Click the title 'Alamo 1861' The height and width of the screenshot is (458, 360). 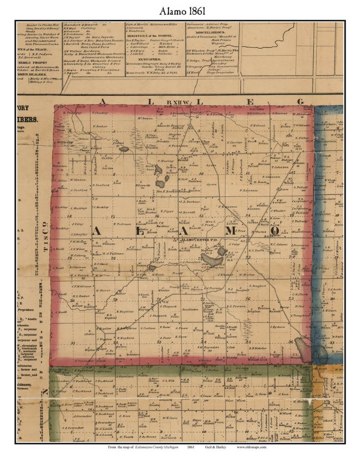click(x=182, y=11)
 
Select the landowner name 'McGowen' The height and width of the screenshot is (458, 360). click(x=145, y=118)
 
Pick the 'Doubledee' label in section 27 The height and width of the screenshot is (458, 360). click(x=190, y=309)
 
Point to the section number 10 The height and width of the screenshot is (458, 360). click(x=201, y=174)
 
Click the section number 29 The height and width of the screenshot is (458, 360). click(x=115, y=299)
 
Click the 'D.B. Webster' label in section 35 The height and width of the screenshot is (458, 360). click(x=257, y=348)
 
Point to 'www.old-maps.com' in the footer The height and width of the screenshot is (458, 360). click(x=251, y=447)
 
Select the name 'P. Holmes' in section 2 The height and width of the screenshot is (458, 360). click(x=257, y=126)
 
